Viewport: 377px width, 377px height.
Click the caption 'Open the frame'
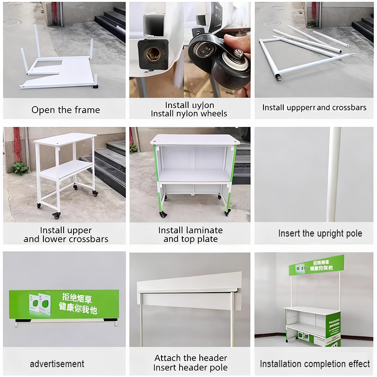tap(66, 110)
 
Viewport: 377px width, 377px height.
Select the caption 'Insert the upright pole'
tap(320, 233)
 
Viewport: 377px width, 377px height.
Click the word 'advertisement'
tap(57, 363)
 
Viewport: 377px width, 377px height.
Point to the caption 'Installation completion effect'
tap(315, 363)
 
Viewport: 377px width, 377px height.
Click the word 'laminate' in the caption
tap(204, 230)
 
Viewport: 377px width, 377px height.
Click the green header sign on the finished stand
tap(316, 265)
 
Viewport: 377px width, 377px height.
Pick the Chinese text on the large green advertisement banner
tap(79, 303)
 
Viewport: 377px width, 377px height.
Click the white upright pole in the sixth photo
tap(334, 174)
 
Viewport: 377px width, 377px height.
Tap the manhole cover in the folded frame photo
tap(12, 22)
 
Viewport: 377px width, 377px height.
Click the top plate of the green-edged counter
tap(194, 139)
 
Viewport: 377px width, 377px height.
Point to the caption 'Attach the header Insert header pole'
tap(190, 363)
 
